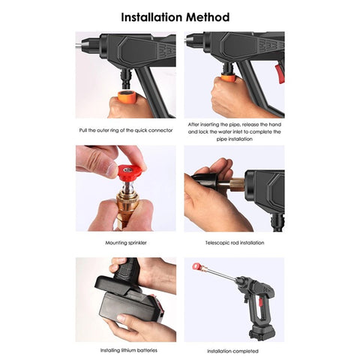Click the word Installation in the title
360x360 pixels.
(x=154, y=16)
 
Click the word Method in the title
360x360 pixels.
(x=213, y=16)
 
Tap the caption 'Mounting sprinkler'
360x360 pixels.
(x=125, y=243)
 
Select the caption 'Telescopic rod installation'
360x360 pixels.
(x=234, y=243)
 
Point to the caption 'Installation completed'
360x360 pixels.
(x=234, y=350)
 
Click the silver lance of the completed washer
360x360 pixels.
(x=217, y=277)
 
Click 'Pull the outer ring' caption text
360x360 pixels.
(x=103, y=130)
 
